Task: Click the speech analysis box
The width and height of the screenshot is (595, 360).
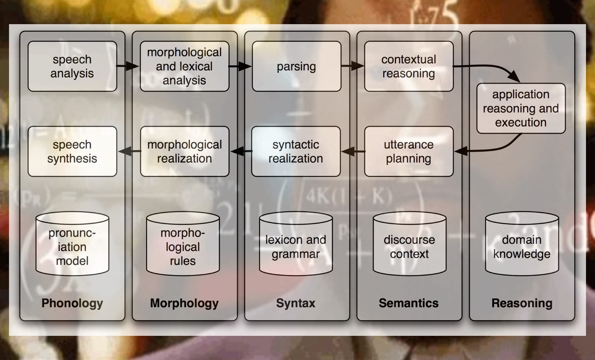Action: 72,66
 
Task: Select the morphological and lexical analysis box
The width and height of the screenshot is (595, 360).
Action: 184,66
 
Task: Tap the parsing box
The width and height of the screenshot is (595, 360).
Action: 296,66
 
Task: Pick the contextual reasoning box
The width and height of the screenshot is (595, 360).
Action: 408,66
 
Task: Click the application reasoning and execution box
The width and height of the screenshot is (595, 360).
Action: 521,109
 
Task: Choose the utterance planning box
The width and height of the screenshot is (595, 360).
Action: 408,152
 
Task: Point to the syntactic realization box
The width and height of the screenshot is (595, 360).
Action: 295,152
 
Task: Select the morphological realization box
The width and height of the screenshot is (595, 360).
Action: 184,152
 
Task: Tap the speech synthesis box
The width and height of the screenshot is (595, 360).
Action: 72,152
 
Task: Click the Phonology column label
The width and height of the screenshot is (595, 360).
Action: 72,303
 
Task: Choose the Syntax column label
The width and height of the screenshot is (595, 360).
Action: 295,303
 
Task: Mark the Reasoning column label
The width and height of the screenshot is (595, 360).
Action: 522,303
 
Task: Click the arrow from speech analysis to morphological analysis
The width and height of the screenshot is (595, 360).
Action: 128,66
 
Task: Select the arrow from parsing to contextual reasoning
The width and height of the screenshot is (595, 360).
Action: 352,66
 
